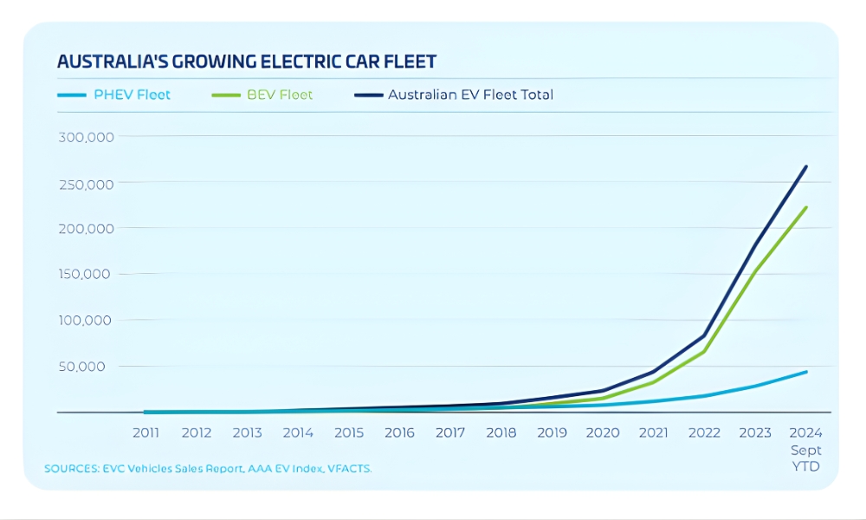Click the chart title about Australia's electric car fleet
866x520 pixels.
[246, 62]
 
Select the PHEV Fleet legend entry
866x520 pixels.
[113, 94]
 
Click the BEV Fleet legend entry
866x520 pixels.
[262, 94]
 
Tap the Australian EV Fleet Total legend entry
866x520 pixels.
[453, 94]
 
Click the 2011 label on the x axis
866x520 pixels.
[145, 432]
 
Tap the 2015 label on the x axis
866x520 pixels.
[349, 432]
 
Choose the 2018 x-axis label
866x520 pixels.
[501, 432]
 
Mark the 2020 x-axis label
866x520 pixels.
[603, 432]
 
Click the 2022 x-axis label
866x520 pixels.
[704, 432]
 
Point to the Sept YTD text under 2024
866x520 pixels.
[805, 458]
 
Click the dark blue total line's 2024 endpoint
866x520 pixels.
[806, 166]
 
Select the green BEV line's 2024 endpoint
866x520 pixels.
[806, 207]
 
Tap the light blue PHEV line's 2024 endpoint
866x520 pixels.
[806, 372]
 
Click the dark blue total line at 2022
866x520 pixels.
[704, 335]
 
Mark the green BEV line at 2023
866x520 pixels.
[755, 271]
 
